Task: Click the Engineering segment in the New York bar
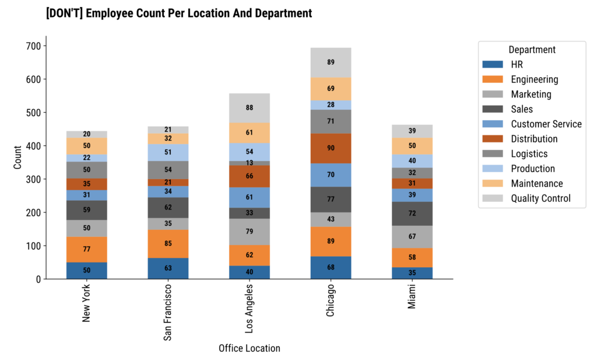point(86,249)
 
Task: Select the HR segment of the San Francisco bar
point(168,268)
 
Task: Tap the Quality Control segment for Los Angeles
point(250,108)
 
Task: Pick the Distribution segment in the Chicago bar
point(331,148)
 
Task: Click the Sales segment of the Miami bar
point(412,214)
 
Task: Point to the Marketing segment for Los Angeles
point(250,232)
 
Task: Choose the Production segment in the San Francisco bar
point(168,152)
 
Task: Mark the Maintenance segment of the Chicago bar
point(331,89)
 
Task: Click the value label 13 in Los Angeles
point(250,163)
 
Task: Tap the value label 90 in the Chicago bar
point(331,148)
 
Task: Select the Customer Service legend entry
point(546,124)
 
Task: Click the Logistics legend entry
point(529,153)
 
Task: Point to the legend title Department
point(532,50)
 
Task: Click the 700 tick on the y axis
point(32,46)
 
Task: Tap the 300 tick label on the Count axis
point(32,179)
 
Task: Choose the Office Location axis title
point(249,348)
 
